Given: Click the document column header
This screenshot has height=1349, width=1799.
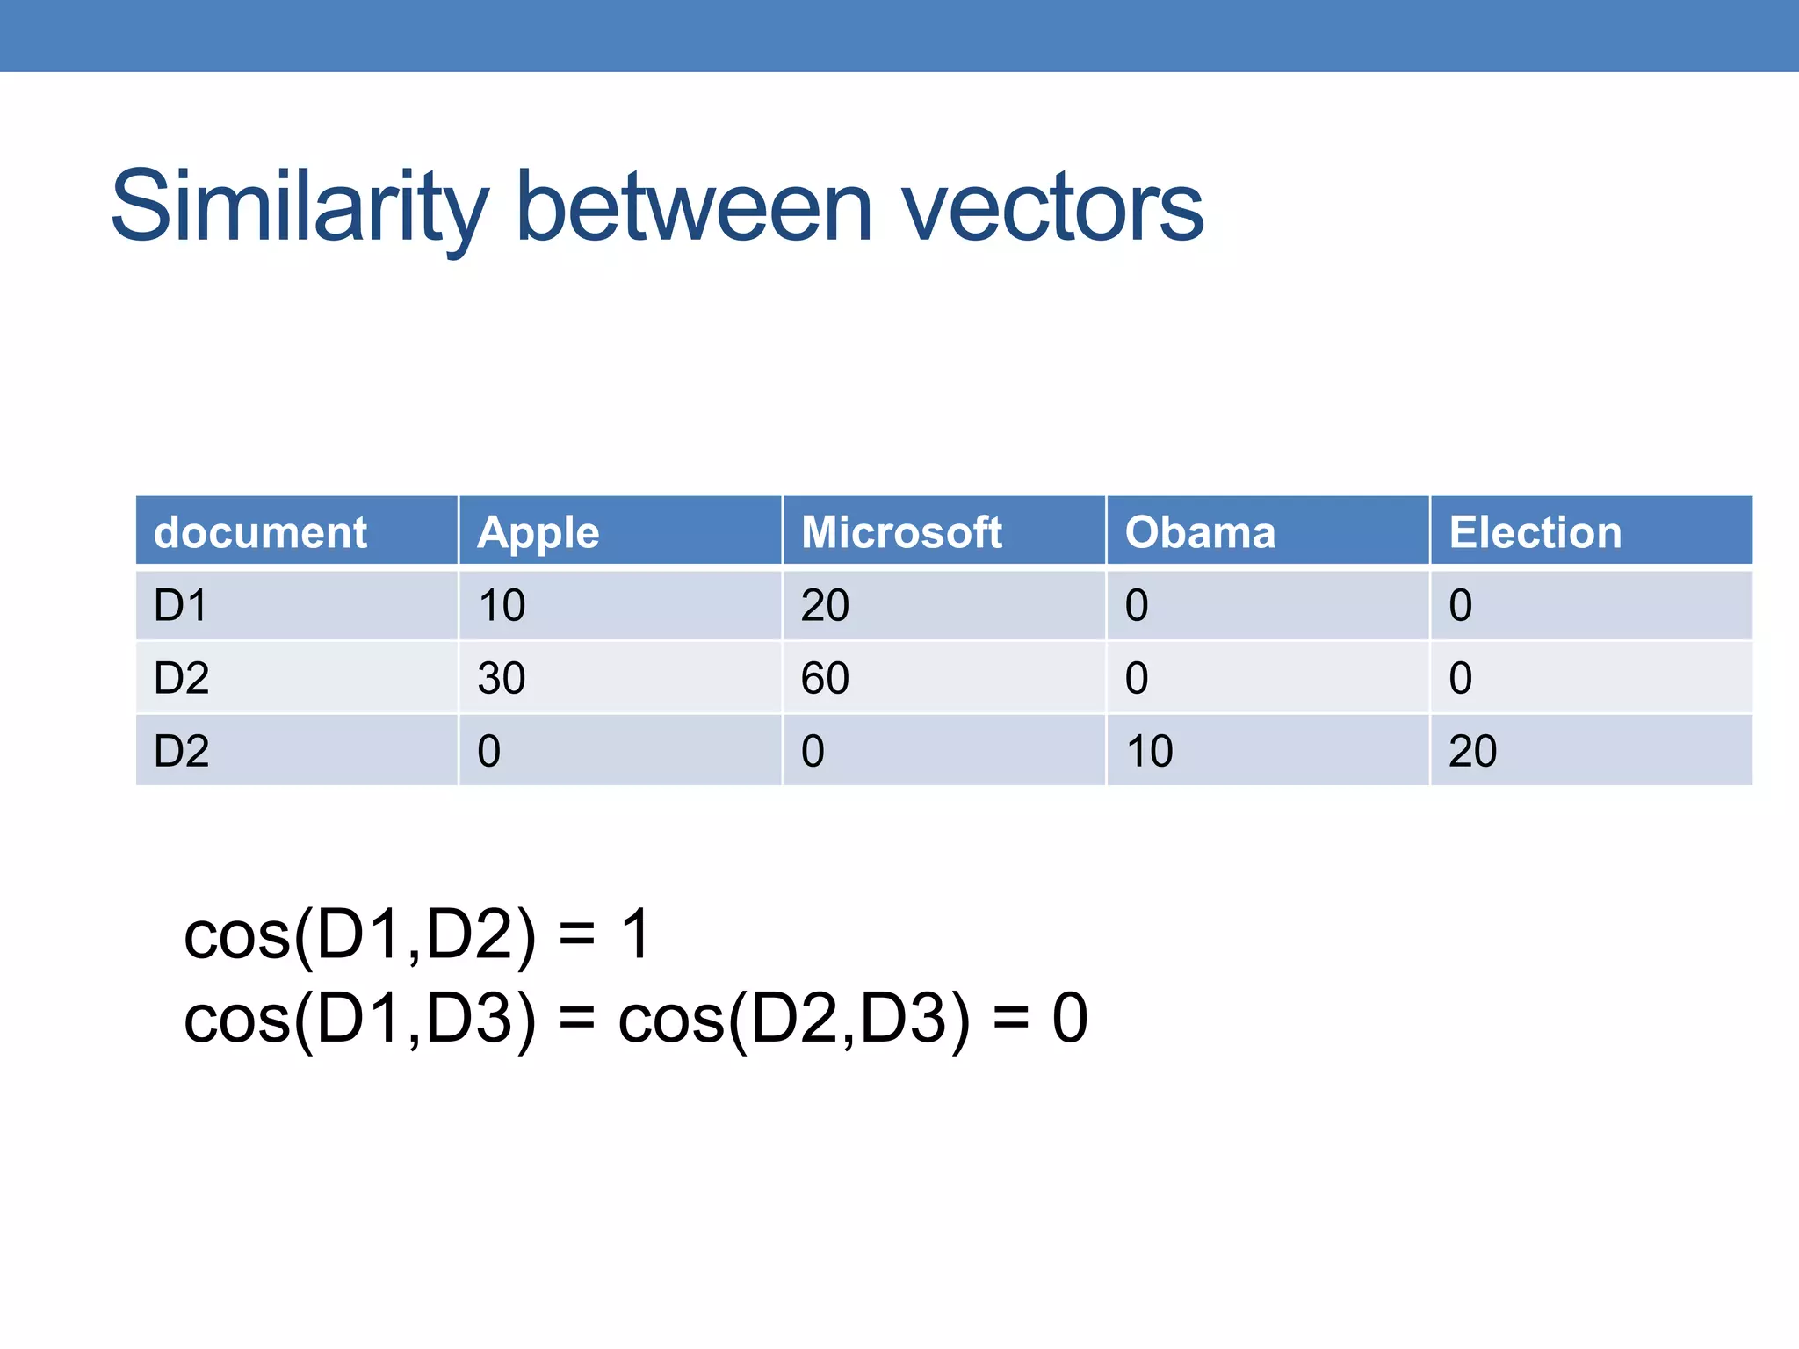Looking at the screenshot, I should pyautogui.click(x=260, y=532).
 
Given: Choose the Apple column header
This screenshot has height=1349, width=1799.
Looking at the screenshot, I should pyautogui.click(x=538, y=532).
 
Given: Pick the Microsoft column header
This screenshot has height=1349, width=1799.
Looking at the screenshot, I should pyautogui.click(x=901, y=532).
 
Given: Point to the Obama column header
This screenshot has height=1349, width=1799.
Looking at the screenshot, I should pyautogui.click(x=1200, y=532).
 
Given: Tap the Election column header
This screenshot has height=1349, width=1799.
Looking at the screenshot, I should pyautogui.click(x=1535, y=532).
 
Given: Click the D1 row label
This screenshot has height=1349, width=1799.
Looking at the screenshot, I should pyautogui.click(x=180, y=605).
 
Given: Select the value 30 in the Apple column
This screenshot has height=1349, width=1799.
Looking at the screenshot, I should pyautogui.click(x=501, y=678).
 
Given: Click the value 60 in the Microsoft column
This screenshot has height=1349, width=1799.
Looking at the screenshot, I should pyautogui.click(x=825, y=678).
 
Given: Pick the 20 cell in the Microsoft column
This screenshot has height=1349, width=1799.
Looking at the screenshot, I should pyautogui.click(x=825, y=605).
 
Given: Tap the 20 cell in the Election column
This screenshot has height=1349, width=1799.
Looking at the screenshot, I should pyautogui.click(x=1472, y=751).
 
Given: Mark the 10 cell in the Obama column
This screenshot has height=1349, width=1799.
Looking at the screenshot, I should pyautogui.click(x=1149, y=751).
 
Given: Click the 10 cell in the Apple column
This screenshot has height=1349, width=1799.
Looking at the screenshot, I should pyautogui.click(x=501, y=605).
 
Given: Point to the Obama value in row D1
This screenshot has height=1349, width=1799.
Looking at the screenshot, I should pyautogui.click(x=1137, y=605).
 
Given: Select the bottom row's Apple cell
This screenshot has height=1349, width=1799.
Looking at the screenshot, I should pyautogui.click(x=489, y=751).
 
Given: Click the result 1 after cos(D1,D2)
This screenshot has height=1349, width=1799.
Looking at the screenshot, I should pyautogui.click(x=635, y=934).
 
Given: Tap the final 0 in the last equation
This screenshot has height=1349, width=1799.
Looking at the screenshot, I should pyautogui.click(x=1070, y=1018).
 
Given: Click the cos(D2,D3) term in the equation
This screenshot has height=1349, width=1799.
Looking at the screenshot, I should pyautogui.click(x=795, y=1018).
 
